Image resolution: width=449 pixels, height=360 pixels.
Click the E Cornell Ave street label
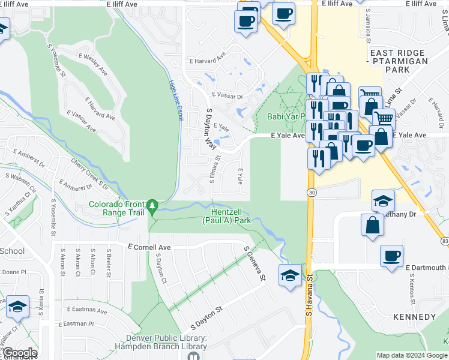pyautogui.click(x=149, y=247)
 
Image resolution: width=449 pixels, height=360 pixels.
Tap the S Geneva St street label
pyautogui.click(x=254, y=263)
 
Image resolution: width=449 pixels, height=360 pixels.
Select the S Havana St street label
pyautogui.click(x=310, y=295)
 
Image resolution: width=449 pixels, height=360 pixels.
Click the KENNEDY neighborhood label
pyautogui.click(x=414, y=316)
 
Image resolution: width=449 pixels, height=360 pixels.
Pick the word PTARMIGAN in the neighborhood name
pyautogui.click(x=398, y=61)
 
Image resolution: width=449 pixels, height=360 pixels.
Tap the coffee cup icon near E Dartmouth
pyautogui.click(x=391, y=256)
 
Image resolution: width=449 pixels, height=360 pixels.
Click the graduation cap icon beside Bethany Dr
pyautogui.click(x=383, y=202)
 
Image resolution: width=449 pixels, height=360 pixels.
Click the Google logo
pyautogui.click(x=19, y=353)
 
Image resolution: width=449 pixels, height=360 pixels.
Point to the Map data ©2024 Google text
pyautogui.click(x=412, y=355)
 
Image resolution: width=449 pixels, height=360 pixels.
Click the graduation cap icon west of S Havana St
pyautogui.click(x=290, y=275)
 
